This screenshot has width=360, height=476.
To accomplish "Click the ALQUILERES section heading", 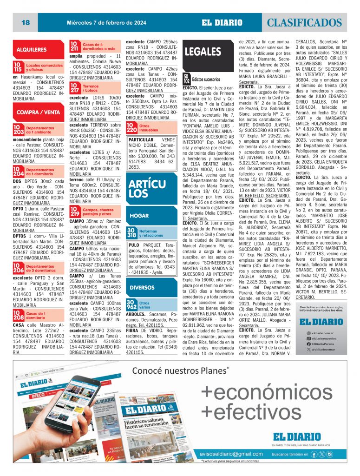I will click(x=32, y=49).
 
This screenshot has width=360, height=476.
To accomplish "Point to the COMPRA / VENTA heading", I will click(x=38, y=112).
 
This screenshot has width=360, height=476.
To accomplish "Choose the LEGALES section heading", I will click(x=203, y=52).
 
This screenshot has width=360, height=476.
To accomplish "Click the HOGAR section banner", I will click(x=139, y=216).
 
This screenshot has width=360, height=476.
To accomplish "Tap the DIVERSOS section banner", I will click(x=142, y=288).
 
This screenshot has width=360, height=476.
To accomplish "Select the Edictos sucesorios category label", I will click(x=206, y=79).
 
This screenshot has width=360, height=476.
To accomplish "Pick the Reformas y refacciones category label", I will click(x=148, y=233).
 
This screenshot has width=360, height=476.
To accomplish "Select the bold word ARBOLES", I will click(x=136, y=315).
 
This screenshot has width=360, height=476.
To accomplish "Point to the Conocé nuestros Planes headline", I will click(x=180, y=370).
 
